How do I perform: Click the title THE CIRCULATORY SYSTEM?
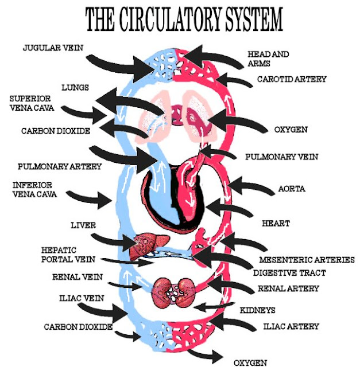tap(183, 20)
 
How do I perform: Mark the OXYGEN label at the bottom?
tap(250, 362)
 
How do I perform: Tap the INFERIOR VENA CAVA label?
tap(33, 189)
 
